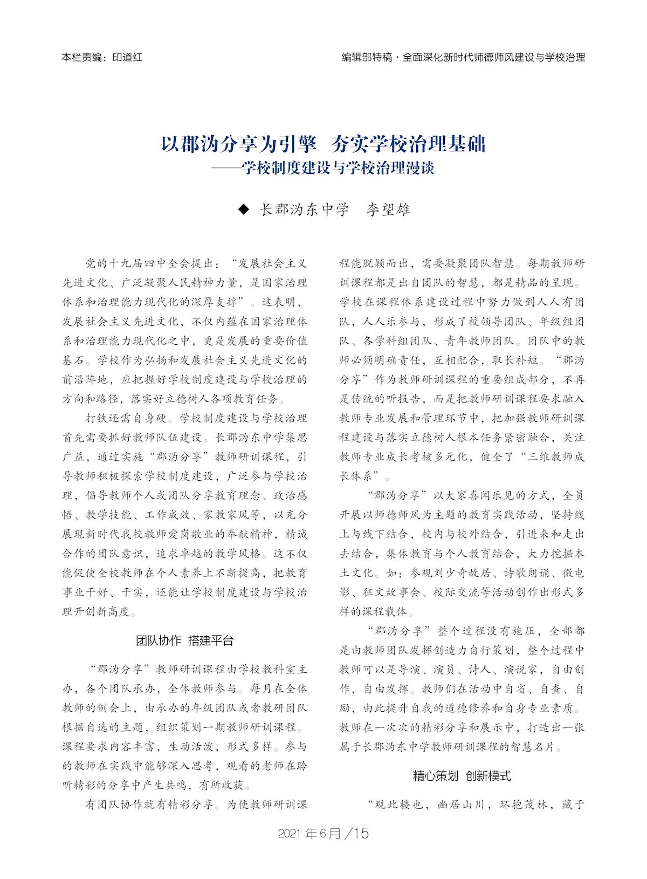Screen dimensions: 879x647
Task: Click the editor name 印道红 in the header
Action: point(127,57)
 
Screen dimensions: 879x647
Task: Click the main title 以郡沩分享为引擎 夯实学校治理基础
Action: point(323,145)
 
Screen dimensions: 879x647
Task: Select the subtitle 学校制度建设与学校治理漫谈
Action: point(338,168)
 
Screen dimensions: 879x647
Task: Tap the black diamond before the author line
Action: point(244,209)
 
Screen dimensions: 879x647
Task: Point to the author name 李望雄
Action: point(389,209)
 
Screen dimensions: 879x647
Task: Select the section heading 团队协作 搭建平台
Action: point(185,640)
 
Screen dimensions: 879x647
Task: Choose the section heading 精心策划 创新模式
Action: point(462,776)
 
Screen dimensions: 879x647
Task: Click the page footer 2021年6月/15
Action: point(323,833)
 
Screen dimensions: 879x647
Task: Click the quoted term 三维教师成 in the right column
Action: point(555,456)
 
